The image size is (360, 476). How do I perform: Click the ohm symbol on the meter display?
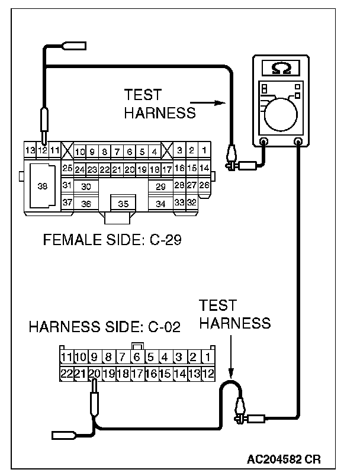[281, 68]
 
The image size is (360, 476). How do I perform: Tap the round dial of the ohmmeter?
[282, 114]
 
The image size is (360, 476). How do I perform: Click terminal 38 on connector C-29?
[43, 186]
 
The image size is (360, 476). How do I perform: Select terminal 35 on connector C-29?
[123, 204]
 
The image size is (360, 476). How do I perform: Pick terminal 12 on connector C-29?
[43, 150]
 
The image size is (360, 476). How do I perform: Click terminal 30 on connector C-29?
[86, 186]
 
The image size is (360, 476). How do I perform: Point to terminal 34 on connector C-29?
[160, 204]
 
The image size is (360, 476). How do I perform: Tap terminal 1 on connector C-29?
[203, 150]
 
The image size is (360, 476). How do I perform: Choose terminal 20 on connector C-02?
[94, 374]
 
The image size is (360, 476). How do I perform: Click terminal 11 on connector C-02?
[66, 357]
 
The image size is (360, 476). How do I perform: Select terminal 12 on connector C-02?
[207, 374]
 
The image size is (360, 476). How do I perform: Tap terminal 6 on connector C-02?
[137, 357]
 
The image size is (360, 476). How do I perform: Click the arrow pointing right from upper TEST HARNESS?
[214, 102]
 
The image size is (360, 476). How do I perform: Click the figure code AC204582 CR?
[285, 459]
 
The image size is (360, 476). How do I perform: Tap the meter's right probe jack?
[298, 141]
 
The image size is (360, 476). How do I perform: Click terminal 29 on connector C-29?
[160, 186]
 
